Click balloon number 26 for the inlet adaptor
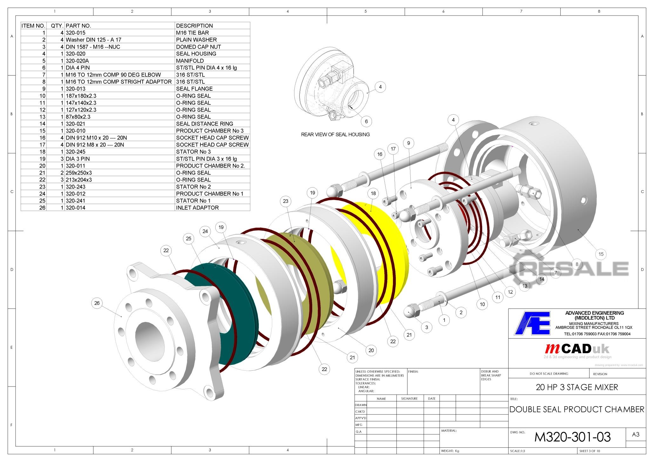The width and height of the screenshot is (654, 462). tap(97, 303)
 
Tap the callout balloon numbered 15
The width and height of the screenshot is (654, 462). tap(601, 254)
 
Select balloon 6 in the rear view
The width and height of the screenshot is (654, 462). tap(366, 121)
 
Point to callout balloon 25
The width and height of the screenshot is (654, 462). tap(189, 239)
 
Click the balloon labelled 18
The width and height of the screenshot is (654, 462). tap(373, 193)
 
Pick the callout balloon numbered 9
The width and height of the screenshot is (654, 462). tap(408, 143)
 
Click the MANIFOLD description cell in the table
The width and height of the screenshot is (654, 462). tap(190, 61)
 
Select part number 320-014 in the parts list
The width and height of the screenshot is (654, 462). tap(76, 208)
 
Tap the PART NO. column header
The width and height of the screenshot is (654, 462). tap(78, 26)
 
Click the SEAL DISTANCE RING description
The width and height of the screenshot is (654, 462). tap(205, 124)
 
